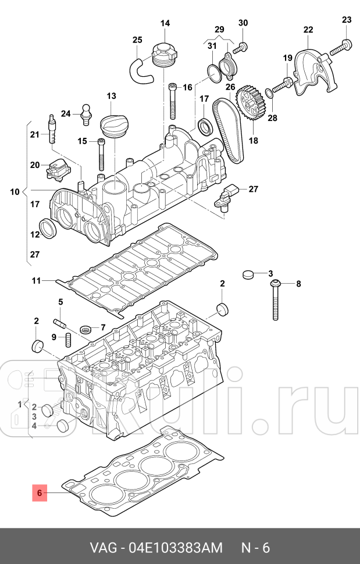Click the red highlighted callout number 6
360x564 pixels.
coord(40,494)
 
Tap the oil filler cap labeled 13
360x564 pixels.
coord(113,126)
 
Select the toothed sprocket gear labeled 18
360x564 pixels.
coord(252,105)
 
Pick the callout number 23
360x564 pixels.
coord(347,20)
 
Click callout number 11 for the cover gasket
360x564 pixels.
coord(36,281)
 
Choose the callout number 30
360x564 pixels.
coord(243,23)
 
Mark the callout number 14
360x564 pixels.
coord(165,23)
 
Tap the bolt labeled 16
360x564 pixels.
coord(173,102)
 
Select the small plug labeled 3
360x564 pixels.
coord(249,274)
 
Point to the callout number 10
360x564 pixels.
coord(15,191)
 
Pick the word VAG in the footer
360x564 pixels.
coord(103,548)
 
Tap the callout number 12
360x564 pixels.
coord(35,234)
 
